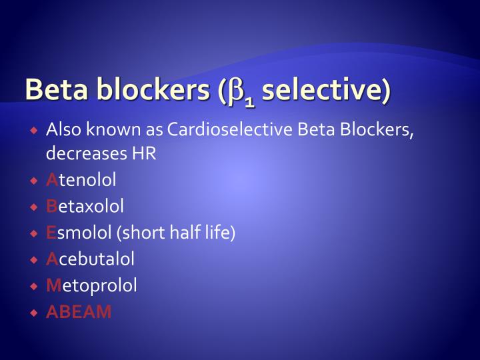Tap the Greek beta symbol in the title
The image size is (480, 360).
(x=237, y=92)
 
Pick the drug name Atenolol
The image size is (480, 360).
(x=81, y=180)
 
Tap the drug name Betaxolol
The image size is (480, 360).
(x=85, y=206)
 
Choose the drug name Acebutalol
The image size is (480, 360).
(x=90, y=259)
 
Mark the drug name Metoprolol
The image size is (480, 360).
(x=91, y=285)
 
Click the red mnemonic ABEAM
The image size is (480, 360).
(x=79, y=312)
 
